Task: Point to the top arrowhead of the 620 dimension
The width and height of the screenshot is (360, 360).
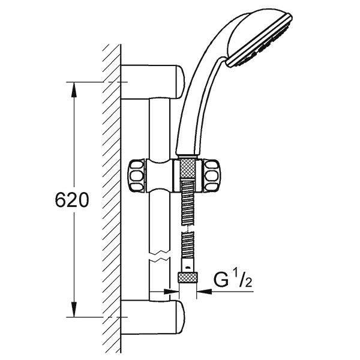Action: coord(74,86)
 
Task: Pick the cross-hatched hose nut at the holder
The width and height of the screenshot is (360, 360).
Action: coord(187,175)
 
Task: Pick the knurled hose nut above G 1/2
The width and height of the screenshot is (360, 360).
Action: coord(187,277)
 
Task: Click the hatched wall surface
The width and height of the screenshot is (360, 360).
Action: coord(111,180)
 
